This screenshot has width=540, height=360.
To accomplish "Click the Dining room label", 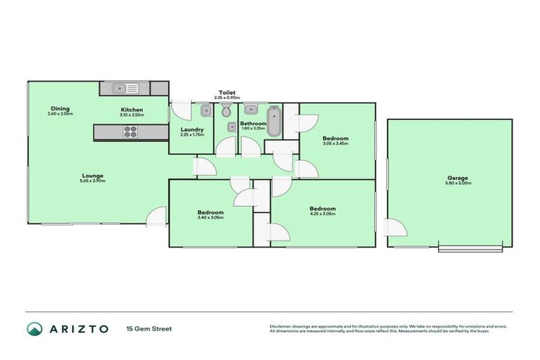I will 60,108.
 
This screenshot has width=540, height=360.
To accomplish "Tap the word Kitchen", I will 131,110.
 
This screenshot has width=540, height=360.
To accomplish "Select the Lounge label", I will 93,175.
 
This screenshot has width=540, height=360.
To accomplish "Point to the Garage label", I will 458,178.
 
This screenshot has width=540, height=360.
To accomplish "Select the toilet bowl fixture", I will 226,111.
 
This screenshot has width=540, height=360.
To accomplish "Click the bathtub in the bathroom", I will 274,121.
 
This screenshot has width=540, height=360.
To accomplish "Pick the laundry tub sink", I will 206,111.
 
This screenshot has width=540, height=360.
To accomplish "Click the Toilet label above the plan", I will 226,93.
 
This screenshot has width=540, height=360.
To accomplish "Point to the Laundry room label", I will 191,129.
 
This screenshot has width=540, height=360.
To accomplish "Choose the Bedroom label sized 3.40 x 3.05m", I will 210,212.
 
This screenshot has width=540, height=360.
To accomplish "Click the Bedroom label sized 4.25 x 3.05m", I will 323,208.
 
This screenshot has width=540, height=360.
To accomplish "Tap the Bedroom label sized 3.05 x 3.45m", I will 335,139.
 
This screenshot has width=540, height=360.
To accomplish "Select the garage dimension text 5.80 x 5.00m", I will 458,183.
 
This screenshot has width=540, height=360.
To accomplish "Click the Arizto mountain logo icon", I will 34,328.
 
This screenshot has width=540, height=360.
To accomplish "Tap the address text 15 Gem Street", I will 148,328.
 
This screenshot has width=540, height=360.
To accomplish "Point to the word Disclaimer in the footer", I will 283,326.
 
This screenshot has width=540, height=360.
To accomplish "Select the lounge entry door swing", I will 160,214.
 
